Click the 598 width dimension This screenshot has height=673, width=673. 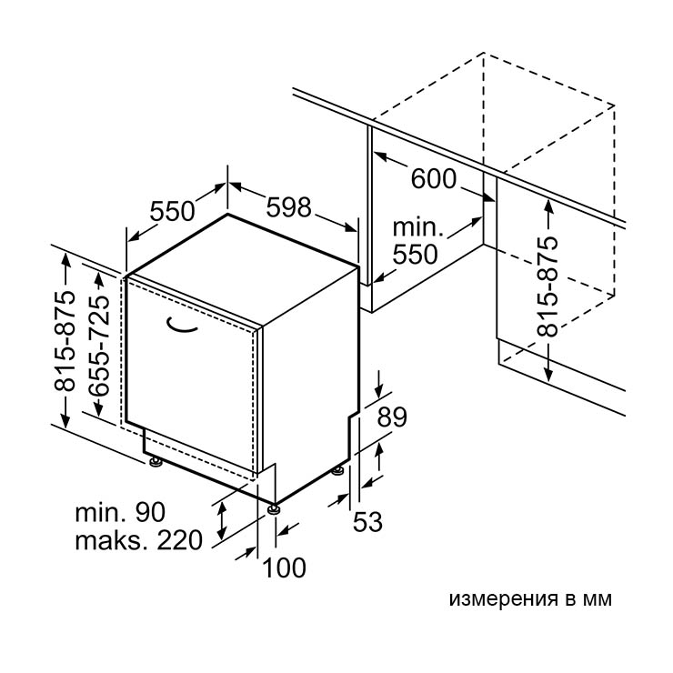(288, 207)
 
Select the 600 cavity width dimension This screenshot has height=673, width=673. (434, 178)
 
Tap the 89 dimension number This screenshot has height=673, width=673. (392, 417)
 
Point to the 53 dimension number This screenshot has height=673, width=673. (367, 522)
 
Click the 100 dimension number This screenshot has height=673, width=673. (284, 568)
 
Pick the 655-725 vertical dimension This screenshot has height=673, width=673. (99, 345)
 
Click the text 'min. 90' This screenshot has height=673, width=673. (120, 512)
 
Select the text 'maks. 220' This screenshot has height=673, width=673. (138, 540)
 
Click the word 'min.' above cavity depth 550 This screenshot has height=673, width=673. (417, 227)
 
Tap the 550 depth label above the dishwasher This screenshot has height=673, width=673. (173, 211)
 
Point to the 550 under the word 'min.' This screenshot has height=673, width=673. (415, 254)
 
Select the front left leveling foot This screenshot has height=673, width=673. (155, 462)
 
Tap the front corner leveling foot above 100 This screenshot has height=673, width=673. (274, 509)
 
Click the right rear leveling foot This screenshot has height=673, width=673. (336, 471)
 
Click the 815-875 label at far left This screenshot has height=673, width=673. (65, 341)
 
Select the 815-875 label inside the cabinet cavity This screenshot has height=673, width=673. (547, 286)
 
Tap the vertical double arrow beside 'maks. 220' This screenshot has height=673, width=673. (222, 520)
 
